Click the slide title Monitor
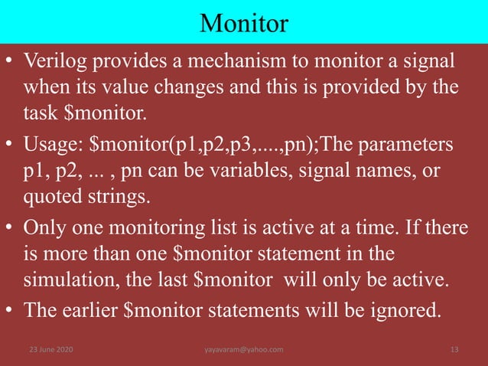pyautogui.click(x=243, y=23)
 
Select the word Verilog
pyautogui.click(x=54, y=60)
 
